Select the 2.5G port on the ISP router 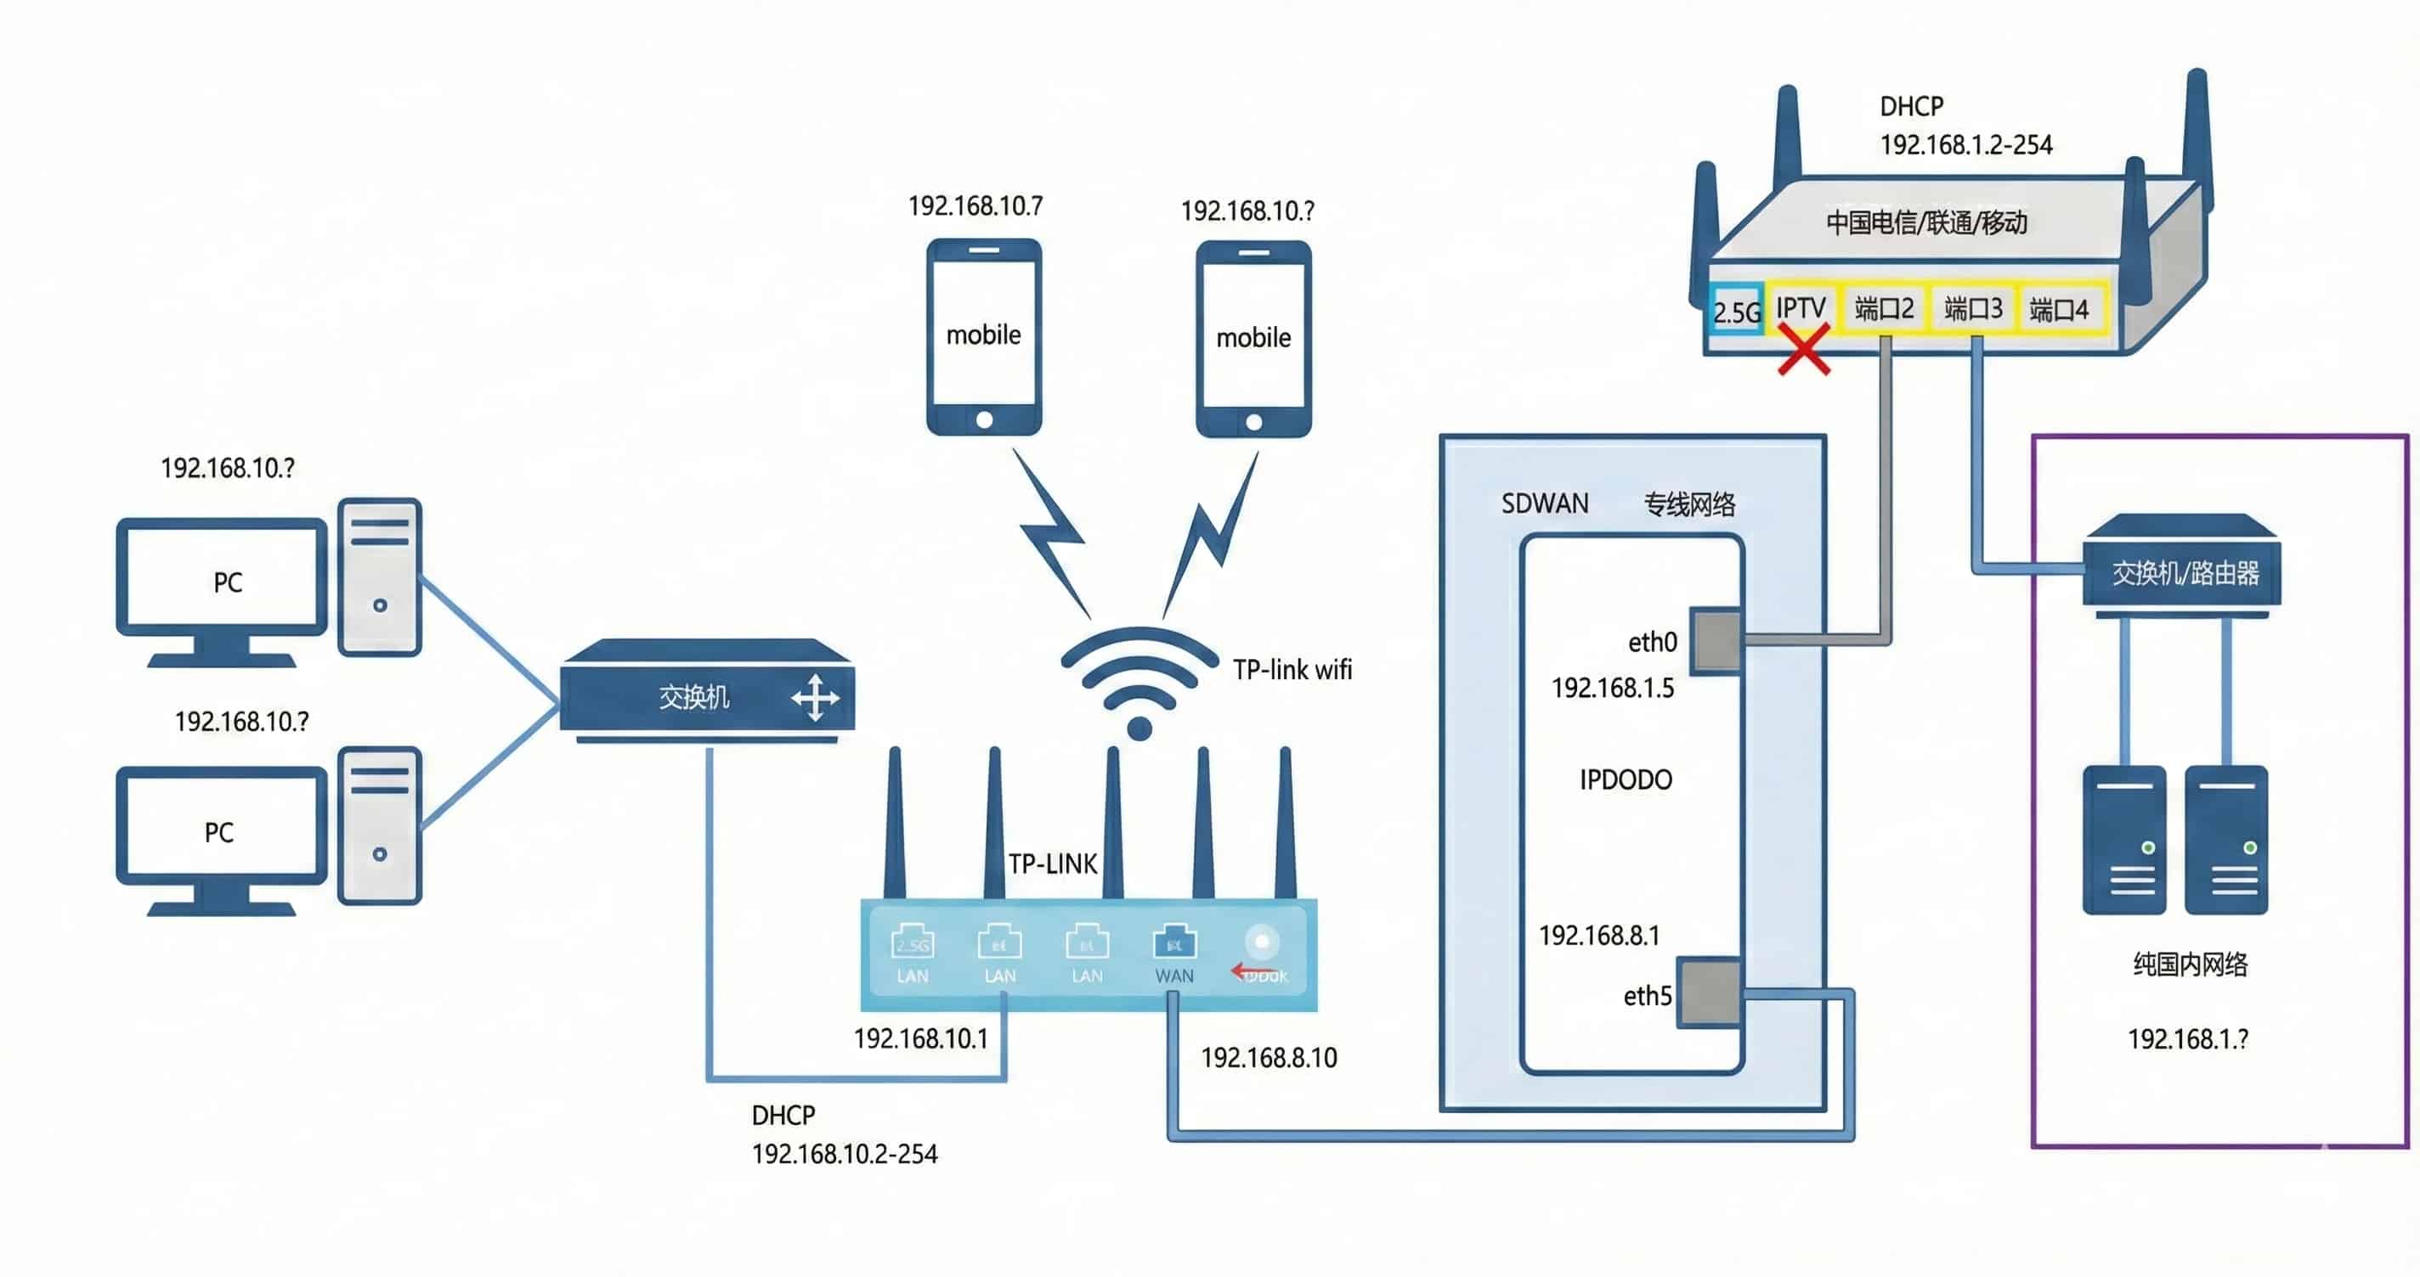pos(1735,311)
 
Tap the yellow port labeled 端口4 pos(2058,309)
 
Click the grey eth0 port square pos(1716,640)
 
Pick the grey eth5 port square pos(1709,992)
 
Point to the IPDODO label pos(1626,779)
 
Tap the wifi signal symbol pos(1139,681)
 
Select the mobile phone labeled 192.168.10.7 pos(984,336)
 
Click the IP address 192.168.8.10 pos(1269,1058)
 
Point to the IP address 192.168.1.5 pos(1612,689)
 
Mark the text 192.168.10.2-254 pos(844,1154)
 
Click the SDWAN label pos(1545,503)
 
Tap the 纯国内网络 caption pos(2190,965)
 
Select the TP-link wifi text pos(1292,669)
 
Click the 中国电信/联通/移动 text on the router pos(1925,222)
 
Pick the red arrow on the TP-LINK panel pos(1252,970)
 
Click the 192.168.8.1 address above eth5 pos(1599,935)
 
